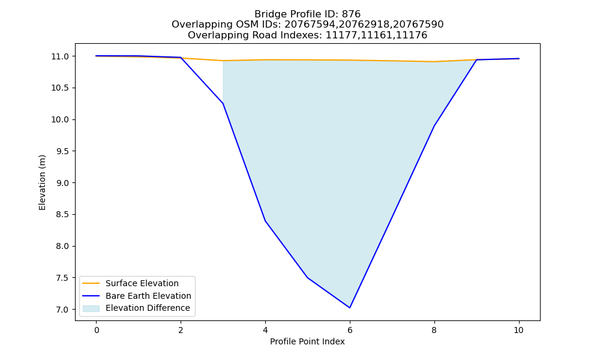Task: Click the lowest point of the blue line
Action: coord(350,308)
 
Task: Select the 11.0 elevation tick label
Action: coord(60,56)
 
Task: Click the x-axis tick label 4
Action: coord(265,330)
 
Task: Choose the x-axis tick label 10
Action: coord(518,330)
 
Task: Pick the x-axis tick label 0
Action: coord(97,330)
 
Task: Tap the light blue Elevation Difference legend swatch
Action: coord(91,308)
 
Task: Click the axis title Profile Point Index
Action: coord(307,341)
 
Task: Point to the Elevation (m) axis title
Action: coord(42,182)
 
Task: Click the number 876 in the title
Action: coord(351,14)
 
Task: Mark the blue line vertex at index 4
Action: coord(265,221)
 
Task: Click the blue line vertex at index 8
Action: coord(434,126)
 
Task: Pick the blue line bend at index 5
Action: coord(308,277)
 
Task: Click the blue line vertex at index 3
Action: coord(223,103)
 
